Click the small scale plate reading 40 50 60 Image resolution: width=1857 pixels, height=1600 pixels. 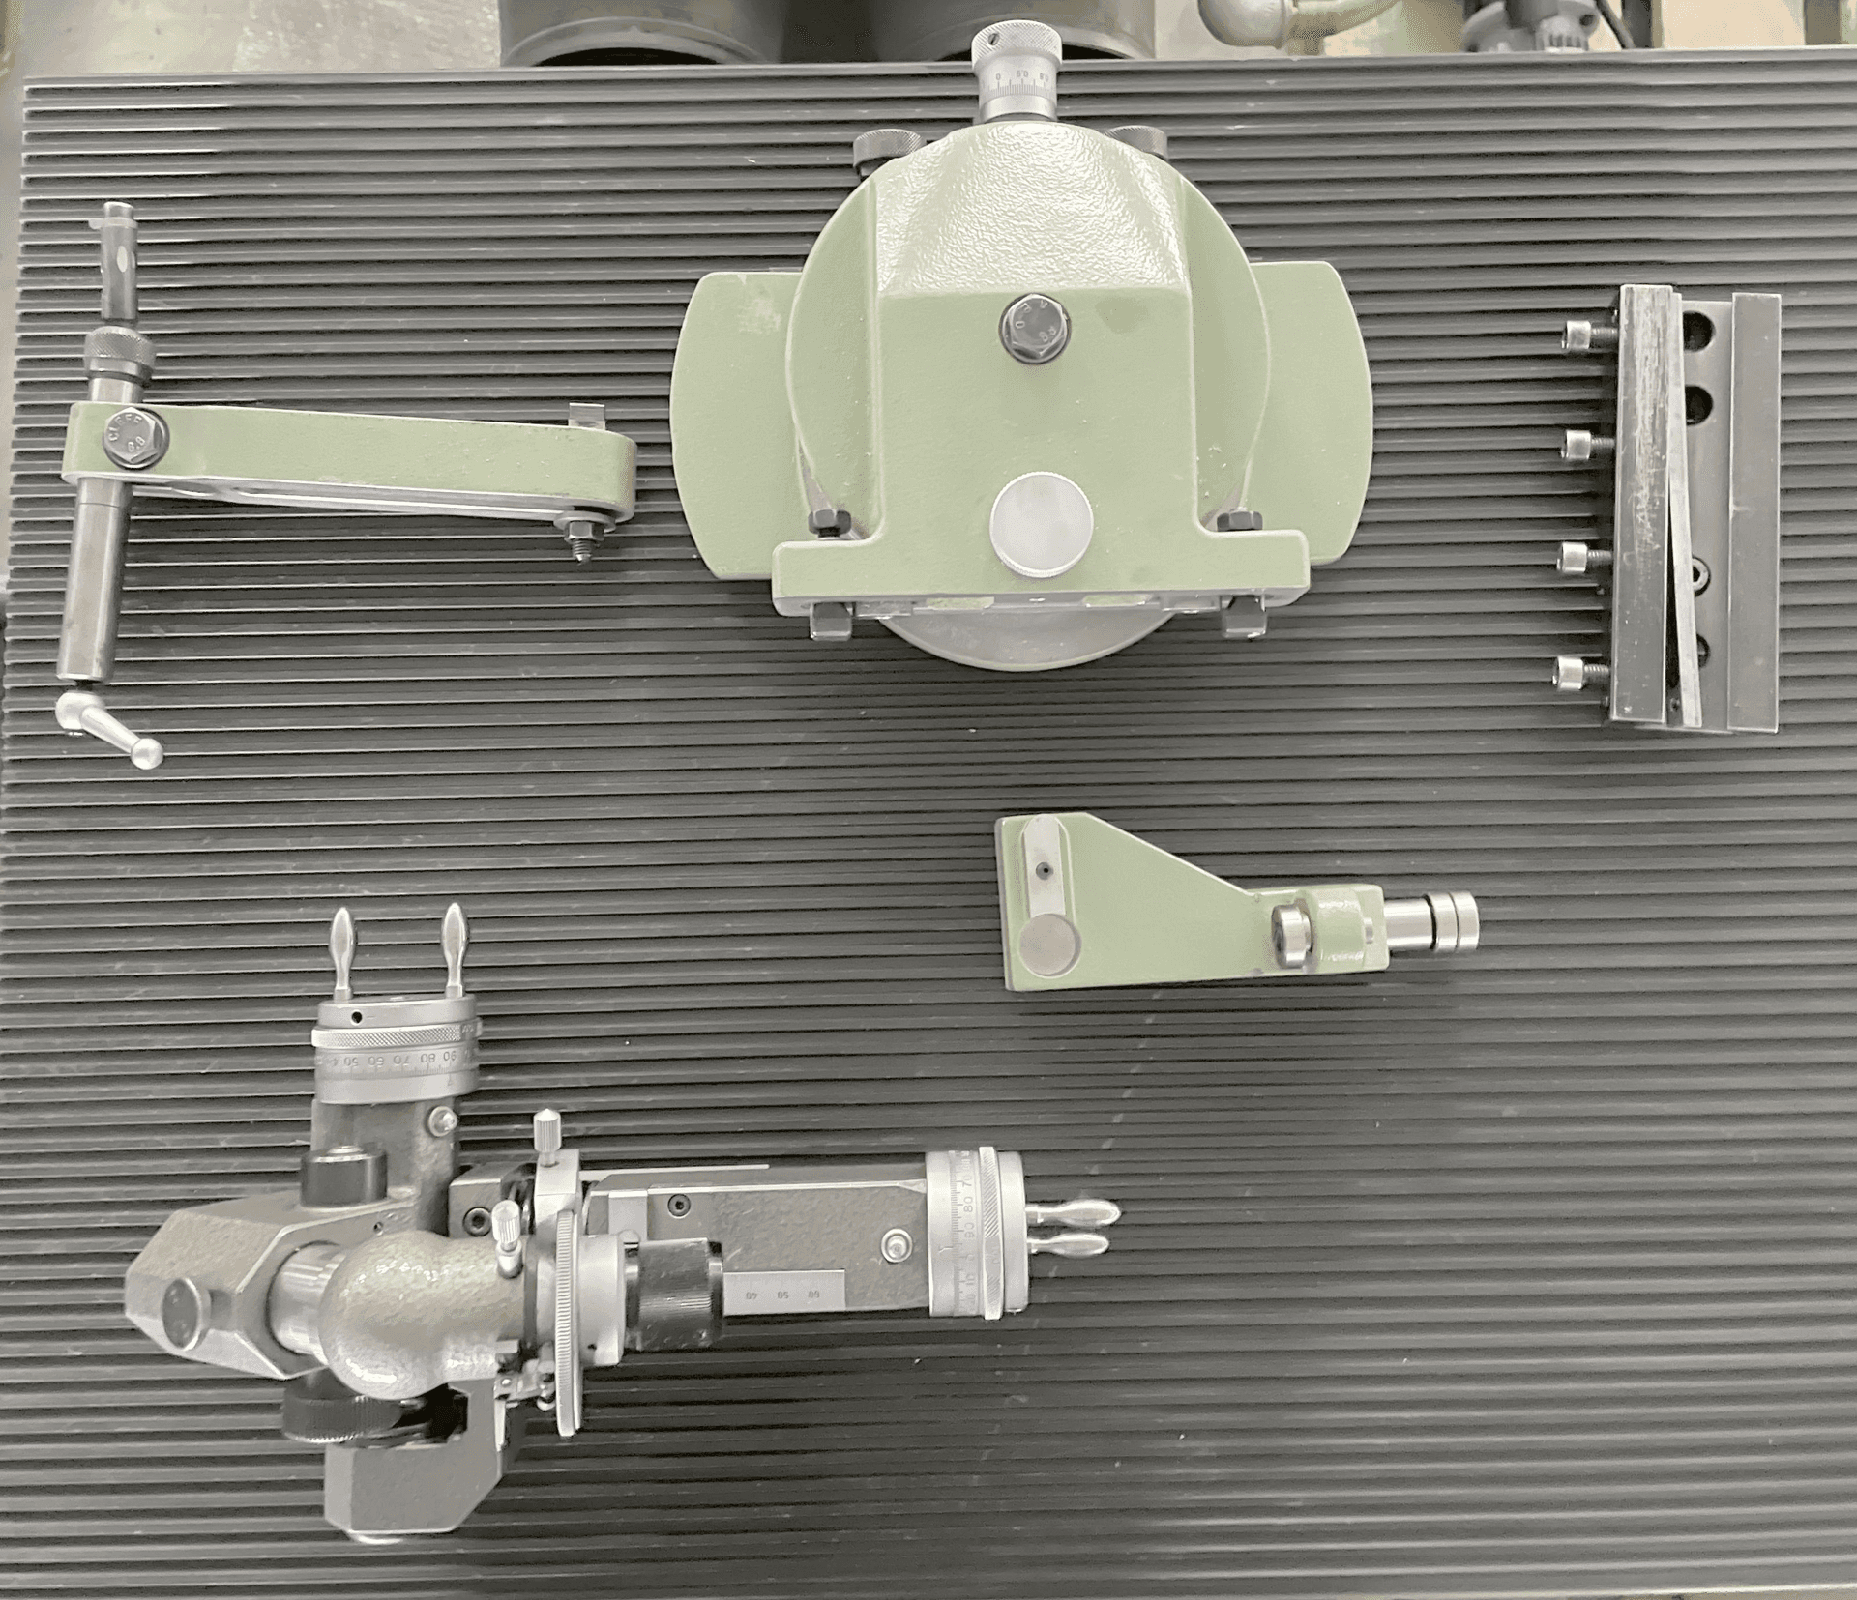click(x=788, y=1294)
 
